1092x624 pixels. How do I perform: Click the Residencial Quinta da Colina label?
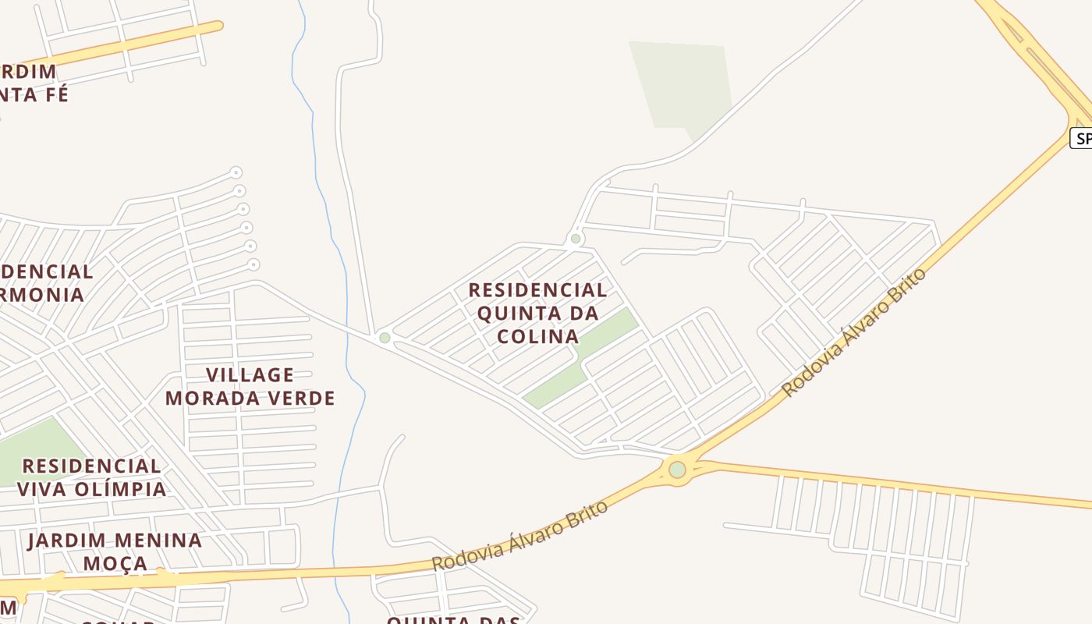537,313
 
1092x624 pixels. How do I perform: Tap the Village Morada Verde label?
250,386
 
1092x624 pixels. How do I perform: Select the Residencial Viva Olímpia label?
91,477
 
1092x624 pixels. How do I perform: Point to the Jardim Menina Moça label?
115,551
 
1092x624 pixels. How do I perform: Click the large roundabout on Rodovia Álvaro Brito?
677,470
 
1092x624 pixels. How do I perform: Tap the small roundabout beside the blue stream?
385,338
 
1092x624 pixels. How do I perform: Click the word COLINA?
538,336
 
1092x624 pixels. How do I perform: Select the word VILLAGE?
250,375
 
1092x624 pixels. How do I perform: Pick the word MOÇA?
115,563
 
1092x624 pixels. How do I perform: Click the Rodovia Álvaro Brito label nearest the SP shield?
853,332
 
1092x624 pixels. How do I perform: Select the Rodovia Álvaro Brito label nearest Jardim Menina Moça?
519,536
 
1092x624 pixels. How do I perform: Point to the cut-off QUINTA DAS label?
454,619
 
